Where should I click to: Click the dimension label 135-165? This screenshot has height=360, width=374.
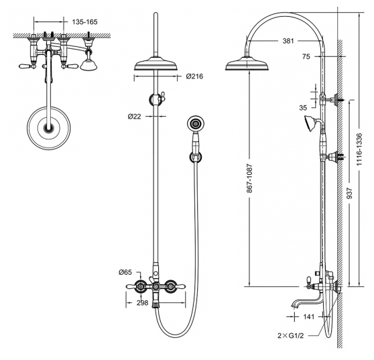tap(85, 22)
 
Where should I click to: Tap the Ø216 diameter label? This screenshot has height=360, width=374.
tap(194, 76)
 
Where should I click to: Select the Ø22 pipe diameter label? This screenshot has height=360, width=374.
tap(135, 117)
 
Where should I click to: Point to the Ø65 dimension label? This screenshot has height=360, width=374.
tap(125, 272)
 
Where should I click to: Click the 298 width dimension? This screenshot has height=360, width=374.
tap(142, 303)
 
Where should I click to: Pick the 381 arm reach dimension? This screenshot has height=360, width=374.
tap(288, 41)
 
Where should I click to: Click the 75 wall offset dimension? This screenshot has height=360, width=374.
tap(306, 56)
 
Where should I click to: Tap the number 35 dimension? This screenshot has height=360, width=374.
tap(303, 108)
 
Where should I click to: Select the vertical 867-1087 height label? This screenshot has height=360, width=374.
tap(249, 178)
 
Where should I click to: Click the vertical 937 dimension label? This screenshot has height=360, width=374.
tap(349, 193)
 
